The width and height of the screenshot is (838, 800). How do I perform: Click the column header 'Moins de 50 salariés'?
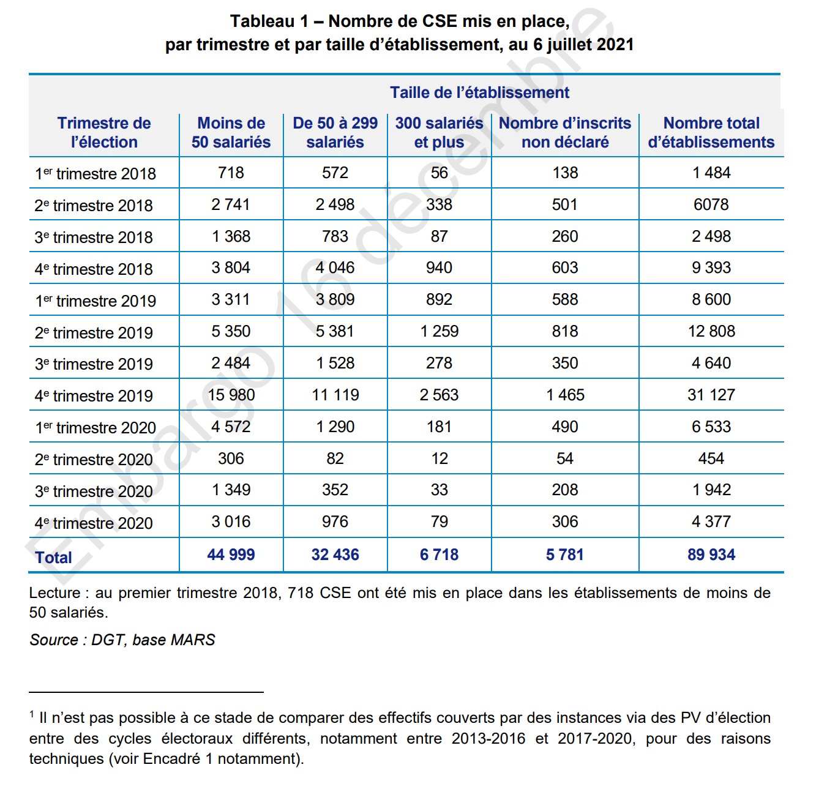click(231, 132)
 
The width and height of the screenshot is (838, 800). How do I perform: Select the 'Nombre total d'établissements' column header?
click(711, 132)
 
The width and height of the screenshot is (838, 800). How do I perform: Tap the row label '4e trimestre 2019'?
click(94, 396)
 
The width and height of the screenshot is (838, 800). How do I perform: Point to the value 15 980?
click(231, 395)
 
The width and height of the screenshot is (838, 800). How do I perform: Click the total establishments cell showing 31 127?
click(711, 395)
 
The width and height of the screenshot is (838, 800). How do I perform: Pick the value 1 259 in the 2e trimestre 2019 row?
click(439, 331)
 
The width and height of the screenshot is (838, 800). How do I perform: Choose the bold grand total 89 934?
click(711, 555)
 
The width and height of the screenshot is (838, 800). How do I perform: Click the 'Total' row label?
click(54, 558)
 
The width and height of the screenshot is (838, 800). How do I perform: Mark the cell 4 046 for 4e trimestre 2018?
click(335, 267)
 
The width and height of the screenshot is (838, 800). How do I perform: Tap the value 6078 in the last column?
click(711, 204)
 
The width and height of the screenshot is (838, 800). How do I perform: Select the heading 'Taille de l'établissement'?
click(479, 92)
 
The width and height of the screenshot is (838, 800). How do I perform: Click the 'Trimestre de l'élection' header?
click(104, 132)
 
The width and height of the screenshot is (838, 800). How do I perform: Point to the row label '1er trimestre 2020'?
click(95, 428)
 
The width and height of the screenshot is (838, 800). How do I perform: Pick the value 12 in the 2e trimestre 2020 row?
click(439, 458)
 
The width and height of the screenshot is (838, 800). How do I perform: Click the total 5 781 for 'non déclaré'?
click(564, 555)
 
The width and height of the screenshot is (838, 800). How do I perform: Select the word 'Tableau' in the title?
click(262, 21)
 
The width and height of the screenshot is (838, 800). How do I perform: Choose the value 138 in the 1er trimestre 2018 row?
click(564, 173)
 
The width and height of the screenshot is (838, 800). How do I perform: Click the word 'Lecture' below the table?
click(54, 593)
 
